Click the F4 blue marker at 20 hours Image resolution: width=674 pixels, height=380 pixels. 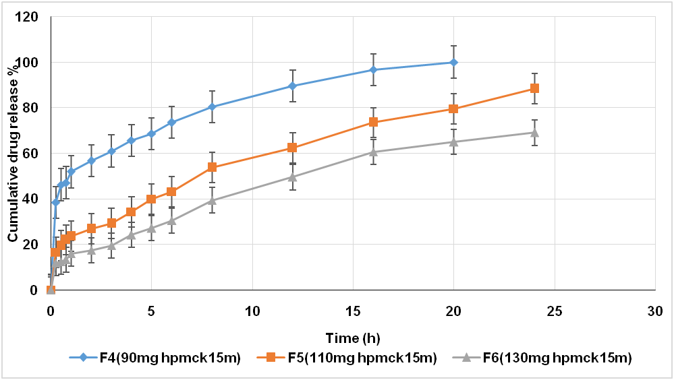(x=453, y=63)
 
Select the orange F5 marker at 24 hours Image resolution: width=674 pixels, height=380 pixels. (x=534, y=88)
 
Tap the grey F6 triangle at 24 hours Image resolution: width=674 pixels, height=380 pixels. (x=534, y=132)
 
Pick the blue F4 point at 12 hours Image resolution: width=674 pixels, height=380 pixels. (x=292, y=86)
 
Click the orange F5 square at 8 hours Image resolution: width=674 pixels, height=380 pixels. (x=212, y=167)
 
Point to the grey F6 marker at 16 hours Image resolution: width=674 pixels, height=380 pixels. (x=373, y=152)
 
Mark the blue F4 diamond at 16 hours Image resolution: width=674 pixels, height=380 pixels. (x=373, y=70)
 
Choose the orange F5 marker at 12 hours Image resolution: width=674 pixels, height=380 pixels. (x=292, y=148)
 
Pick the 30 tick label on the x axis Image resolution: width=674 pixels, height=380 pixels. (x=654, y=311)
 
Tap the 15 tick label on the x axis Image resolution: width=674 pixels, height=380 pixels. (x=353, y=311)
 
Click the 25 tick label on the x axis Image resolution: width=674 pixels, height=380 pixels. (x=554, y=311)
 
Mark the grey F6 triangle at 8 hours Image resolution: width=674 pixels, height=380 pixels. (x=212, y=200)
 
